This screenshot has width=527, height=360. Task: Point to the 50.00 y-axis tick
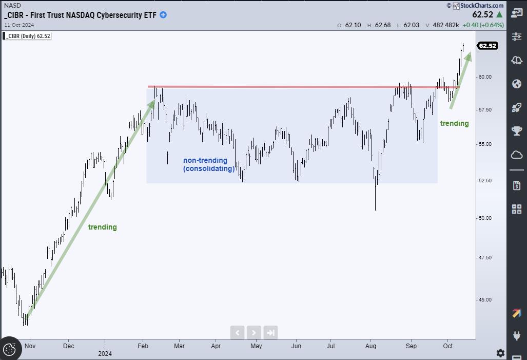[x=485, y=218]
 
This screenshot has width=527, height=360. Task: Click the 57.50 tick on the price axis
[x=485, y=110]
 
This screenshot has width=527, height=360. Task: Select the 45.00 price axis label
[x=485, y=299]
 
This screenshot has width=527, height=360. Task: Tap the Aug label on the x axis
[x=372, y=346]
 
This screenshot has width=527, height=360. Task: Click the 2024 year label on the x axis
[x=105, y=353]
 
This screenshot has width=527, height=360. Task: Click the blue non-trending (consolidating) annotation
[x=209, y=164]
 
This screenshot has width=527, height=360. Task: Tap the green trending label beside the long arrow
[x=103, y=227]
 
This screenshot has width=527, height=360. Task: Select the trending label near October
[x=455, y=123]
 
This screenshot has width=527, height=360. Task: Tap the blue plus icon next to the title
[x=163, y=15]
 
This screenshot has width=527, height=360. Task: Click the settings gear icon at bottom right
[x=500, y=353]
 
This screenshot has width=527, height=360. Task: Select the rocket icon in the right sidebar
[x=517, y=107]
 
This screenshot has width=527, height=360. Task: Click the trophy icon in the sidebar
[x=517, y=131]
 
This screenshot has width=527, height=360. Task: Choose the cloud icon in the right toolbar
[x=517, y=155]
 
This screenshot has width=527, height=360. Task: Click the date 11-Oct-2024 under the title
[x=19, y=24]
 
